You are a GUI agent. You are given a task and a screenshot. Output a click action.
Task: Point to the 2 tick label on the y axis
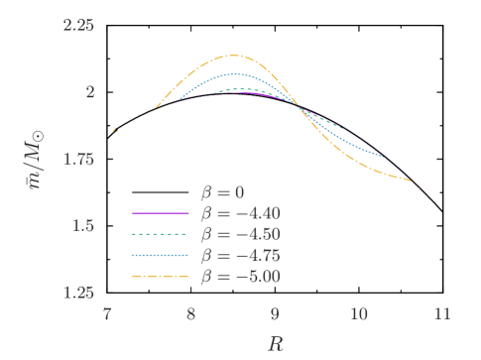(x=89, y=92)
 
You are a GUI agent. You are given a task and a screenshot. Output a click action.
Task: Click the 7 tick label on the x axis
(x=107, y=314)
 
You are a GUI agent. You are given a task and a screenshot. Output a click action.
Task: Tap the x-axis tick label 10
(x=358, y=314)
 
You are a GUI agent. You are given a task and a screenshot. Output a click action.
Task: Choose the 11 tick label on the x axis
(x=441, y=314)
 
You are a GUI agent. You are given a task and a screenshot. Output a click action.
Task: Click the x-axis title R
(x=275, y=343)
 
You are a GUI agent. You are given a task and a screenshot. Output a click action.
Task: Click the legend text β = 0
(x=224, y=192)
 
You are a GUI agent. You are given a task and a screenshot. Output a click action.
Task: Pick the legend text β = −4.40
(x=241, y=213)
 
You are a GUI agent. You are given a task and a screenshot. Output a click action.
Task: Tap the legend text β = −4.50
(x=241, y=234)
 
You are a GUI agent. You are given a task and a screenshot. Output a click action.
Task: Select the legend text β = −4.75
(x=241, y=255)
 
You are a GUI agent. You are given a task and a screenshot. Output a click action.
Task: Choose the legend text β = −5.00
(x=241, y=276)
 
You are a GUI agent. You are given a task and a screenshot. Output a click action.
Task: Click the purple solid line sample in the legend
(x=161, y=213)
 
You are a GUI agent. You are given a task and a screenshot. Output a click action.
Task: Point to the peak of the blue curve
(x=235, y=73)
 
